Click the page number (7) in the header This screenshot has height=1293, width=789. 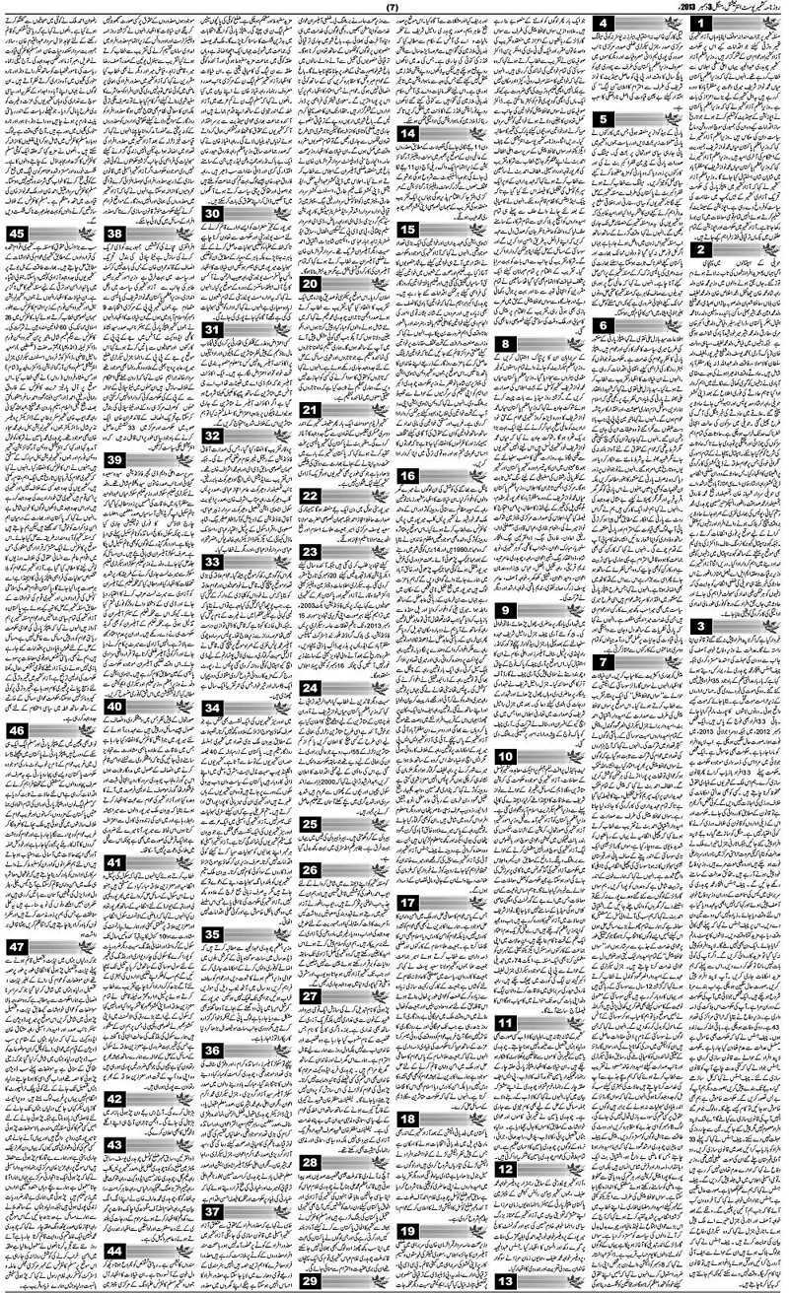tap(393, 7)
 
